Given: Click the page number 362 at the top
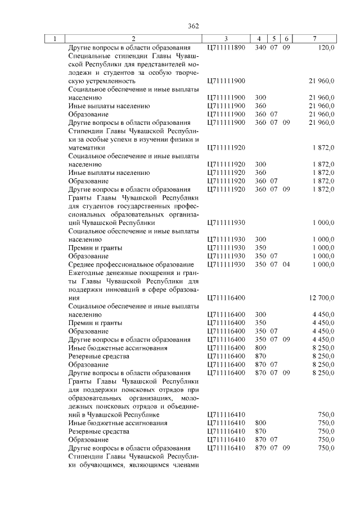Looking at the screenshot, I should [x=193, y=26].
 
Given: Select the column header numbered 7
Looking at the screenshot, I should [x=314, y=39].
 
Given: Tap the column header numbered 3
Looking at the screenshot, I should [x=225, y=39].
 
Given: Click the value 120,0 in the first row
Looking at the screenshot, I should [x=326, y=48].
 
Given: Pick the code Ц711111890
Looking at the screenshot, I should [x=226, y=48].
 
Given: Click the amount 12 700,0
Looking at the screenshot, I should [x=321, y=298].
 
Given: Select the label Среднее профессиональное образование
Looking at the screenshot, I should [x=130, y=264].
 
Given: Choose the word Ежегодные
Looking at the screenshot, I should [x=85, y=273].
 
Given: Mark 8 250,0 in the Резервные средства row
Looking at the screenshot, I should [x=323, y=357].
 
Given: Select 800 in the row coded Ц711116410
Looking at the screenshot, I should [x=260, y=423].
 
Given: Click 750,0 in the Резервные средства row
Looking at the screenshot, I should [x=326, y=431].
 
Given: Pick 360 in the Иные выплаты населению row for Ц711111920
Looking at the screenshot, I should [x=260, y=173].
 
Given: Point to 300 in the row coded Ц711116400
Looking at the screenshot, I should [x=260, y=314].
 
